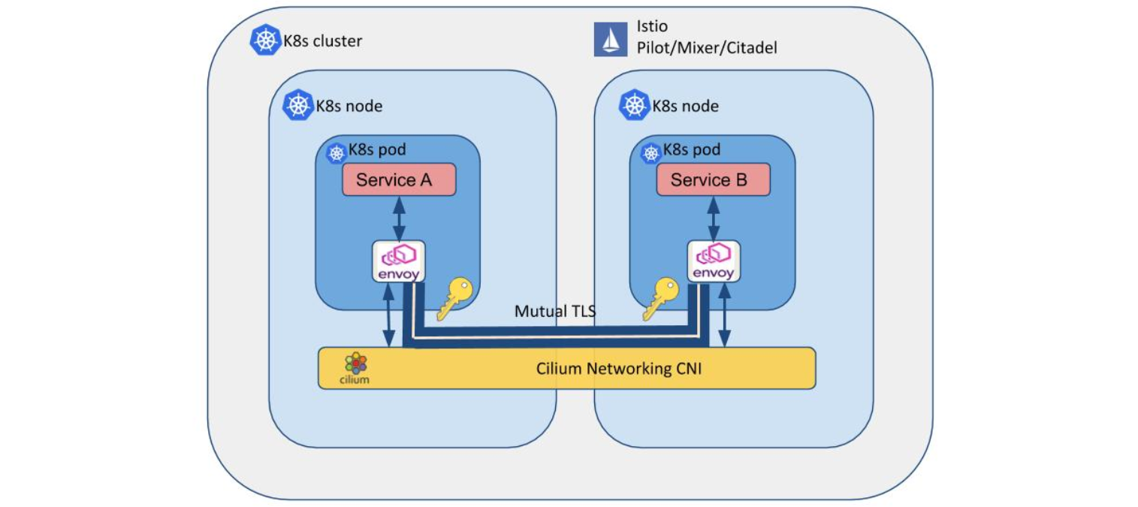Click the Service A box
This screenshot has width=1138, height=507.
click(399, 180)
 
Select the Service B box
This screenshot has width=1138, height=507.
click(713, 180)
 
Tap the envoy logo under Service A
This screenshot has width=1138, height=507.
click(399, 261)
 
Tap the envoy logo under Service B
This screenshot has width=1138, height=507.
click(714, 261)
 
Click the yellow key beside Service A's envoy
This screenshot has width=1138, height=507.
click(454, 298)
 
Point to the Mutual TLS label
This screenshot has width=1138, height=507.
click(554, 311)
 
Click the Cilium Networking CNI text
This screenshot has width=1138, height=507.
click(619, 368)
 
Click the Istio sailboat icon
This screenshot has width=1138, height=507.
click(610, 39)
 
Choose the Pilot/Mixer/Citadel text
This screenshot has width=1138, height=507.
click(707, 48)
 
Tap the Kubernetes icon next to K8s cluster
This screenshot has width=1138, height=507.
click(264, 40)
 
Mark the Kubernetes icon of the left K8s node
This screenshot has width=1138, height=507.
click(297, 105)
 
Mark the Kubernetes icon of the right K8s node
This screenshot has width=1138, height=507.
click(634, 105)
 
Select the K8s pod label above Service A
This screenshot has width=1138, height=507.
click(377, 150)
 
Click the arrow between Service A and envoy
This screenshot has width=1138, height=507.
click(399, 218)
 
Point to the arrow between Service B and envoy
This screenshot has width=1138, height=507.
click(714, 218)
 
